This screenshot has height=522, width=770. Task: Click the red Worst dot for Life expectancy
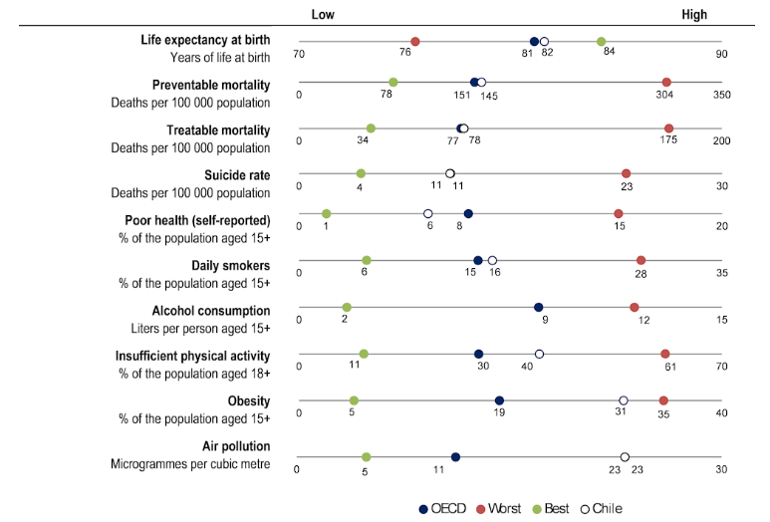(415, 42)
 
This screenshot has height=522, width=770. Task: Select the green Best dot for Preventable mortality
(393, 83)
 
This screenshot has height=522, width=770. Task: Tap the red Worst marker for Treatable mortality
(668, 129)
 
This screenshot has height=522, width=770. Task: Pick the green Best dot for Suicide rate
(361, 174)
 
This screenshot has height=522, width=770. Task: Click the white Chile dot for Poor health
(428, 214)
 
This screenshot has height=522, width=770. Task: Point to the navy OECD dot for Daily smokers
(478, 261)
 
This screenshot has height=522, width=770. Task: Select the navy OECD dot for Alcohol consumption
(539, 308)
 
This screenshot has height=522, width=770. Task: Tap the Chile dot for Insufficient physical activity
(539, 354)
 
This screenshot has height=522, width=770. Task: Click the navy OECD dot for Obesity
(499, 400)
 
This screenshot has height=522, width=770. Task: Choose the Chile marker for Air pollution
(625, 457)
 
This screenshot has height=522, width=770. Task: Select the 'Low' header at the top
(323, 15)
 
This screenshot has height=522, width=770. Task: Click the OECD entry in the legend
(441, 508)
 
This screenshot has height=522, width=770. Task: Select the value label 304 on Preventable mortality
(664, 96)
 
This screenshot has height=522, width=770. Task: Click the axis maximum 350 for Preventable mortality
(721, 96)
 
